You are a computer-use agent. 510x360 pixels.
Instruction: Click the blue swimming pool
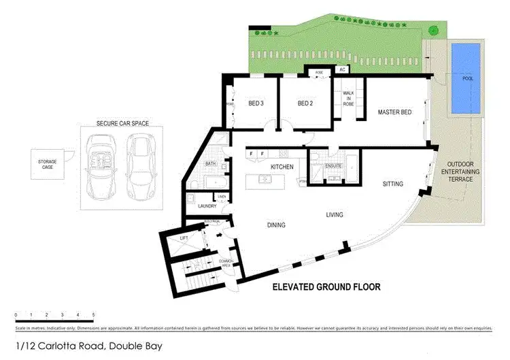pos(465,78)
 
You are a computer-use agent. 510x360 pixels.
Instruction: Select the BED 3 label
pos(256,103)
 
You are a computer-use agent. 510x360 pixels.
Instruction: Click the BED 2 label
pos(306,103)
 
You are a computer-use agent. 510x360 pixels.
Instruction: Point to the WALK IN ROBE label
pos(348,99)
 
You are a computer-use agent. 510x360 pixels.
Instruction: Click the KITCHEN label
pos(282,167)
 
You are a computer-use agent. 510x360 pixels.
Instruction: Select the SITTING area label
pos(392,184)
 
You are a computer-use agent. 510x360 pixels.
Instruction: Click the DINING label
pos(275,225)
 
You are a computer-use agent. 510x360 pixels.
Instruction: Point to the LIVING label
pos(334,215)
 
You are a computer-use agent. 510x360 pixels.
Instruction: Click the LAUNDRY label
pos(207,206)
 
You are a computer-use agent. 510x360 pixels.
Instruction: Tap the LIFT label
pos(183,238)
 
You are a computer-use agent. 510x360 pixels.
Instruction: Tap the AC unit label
pos(343,70)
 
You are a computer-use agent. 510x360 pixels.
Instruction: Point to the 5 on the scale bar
pos(93,314)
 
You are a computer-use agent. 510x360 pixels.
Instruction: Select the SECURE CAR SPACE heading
pos(122,124)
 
